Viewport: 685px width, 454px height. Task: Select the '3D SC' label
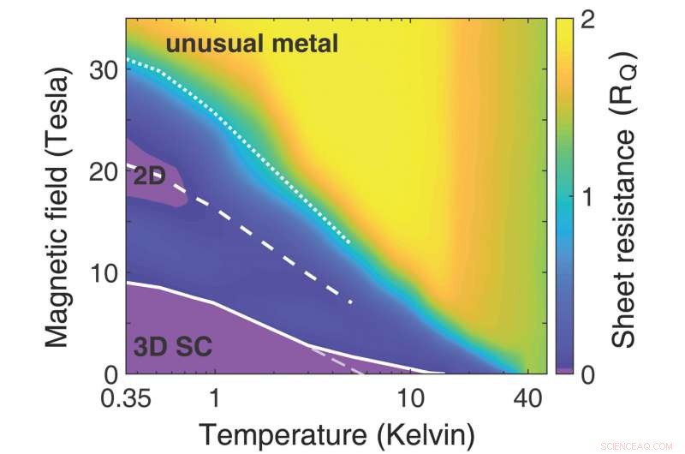(172, 347)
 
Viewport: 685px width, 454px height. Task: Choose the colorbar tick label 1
(589, 196)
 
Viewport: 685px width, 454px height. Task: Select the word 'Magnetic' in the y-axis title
(57, 291)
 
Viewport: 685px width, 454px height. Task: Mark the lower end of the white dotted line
(350, 243)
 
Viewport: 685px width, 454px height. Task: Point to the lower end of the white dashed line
(351, 302)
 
